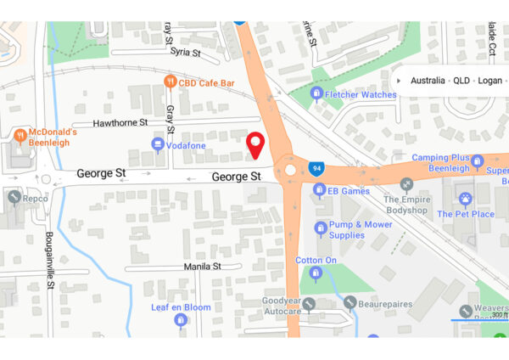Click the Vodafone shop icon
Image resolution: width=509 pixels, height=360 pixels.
tap(158, 145)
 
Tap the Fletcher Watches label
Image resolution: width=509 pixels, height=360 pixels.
tap(360, 94)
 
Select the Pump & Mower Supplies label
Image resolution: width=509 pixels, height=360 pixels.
tap(359, 229)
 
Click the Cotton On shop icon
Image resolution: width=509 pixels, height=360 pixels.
tap(316, 273)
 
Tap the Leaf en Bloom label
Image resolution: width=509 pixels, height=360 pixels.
tap(181, 307)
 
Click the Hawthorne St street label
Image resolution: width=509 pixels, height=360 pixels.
tap(120, 122)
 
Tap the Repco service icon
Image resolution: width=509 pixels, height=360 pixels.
tap(13, 198)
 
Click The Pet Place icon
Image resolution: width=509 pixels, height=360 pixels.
tap(465, 199)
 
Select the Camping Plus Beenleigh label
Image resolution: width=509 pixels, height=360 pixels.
tap(440, 163)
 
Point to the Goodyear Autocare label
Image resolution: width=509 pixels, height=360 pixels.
tap(282, 306)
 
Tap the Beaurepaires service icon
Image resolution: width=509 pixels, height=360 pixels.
tap(350, 302)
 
